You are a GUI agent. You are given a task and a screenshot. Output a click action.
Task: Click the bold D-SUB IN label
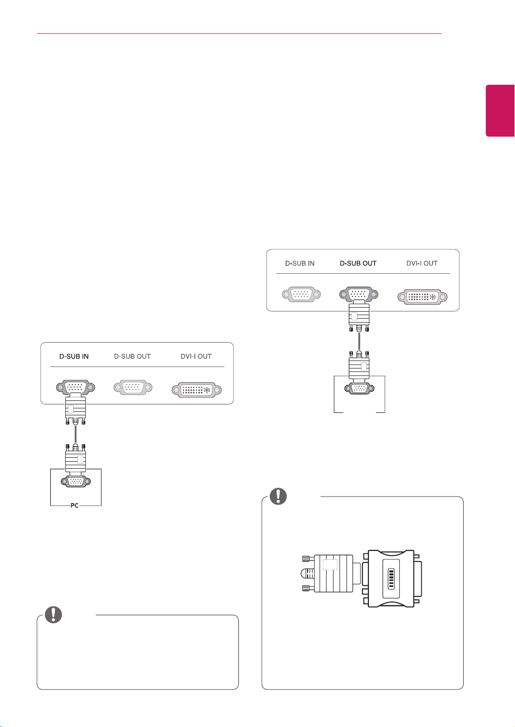point(74,357)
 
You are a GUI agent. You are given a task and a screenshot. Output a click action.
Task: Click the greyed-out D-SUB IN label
point(300,263)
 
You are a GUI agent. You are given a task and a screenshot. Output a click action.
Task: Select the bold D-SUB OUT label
point(358,263)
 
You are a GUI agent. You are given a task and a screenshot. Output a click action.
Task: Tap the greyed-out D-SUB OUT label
point(132,357)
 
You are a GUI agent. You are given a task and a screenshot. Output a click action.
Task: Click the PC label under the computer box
point(74,505)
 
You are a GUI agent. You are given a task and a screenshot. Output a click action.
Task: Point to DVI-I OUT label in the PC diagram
point(196,357)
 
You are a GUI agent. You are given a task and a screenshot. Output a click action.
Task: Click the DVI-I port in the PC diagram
point(196,390)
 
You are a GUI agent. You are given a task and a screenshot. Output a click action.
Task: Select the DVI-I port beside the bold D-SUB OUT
point(422,297)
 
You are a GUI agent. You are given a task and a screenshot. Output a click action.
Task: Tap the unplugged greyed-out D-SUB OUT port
point(133,387)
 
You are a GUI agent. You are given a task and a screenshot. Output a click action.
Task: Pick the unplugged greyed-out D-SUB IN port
point(301,294)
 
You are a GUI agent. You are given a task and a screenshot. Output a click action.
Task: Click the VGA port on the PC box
point(76,481)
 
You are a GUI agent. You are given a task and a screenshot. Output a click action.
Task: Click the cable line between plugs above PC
point(76,434)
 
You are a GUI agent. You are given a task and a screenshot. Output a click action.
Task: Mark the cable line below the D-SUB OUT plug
point(359,341)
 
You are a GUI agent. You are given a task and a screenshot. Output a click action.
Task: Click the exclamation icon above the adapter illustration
point(278,496)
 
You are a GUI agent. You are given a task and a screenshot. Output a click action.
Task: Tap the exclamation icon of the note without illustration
point(53,614)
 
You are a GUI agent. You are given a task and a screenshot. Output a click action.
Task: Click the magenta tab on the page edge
point(500,111)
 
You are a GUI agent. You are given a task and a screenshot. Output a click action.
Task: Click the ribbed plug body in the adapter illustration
point(334,573)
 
